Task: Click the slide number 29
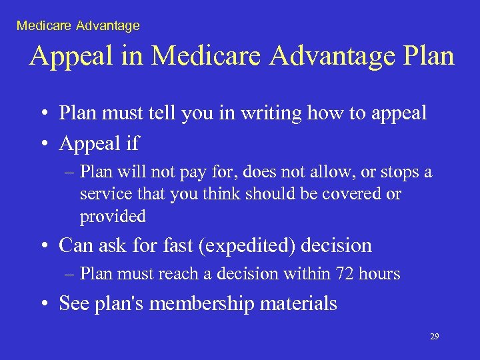[x=434, y=337]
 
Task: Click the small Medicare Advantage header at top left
[x=78, y=26]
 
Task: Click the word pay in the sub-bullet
[x=189, y=172]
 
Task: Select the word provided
[x=113, y=216]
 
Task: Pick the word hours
[x=379, y=273]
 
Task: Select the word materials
[x=299, y=304]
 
